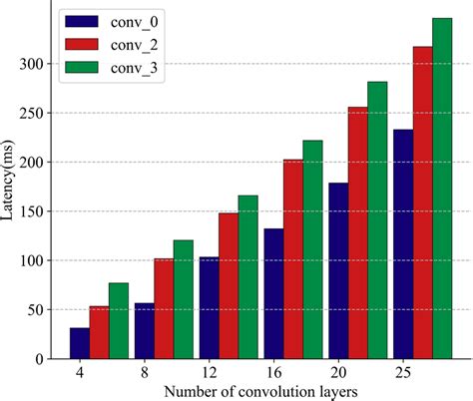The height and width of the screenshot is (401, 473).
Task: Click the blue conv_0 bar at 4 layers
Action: click(x=79, y=343)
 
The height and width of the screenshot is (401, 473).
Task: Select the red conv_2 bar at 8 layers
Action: click(x=164, y=309)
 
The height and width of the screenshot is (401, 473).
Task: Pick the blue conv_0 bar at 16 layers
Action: click(x=273, y=294)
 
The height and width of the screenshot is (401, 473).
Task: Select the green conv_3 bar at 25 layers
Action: click(x=442, y=189)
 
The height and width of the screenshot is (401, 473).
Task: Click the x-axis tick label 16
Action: click(x=272, y=371)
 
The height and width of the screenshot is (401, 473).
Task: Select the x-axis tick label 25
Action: click(x=402, y=371)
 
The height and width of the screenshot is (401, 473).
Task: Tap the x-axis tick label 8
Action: click(x=144, y=371)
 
